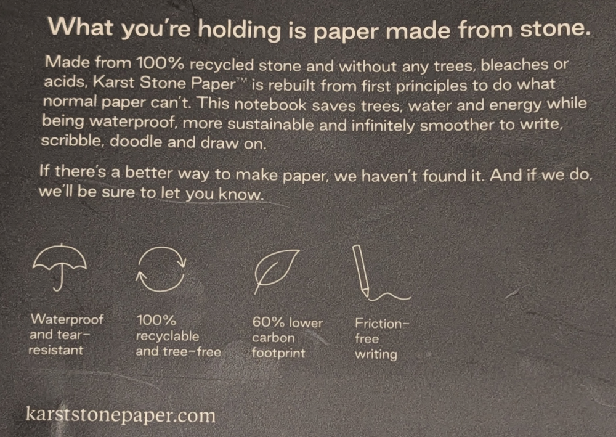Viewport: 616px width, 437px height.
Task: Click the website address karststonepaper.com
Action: (121, 415)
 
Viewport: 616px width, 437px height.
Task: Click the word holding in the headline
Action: (239, 30)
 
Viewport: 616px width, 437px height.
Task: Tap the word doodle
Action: (136, 141)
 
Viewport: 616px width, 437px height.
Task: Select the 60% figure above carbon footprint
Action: (269, 322)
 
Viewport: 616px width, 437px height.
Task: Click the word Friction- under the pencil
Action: (382, 324)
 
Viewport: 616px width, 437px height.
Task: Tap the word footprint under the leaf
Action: (278, 353)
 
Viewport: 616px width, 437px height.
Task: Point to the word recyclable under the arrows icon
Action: (168, 337)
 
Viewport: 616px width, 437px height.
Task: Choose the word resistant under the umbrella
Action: (56, 349)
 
